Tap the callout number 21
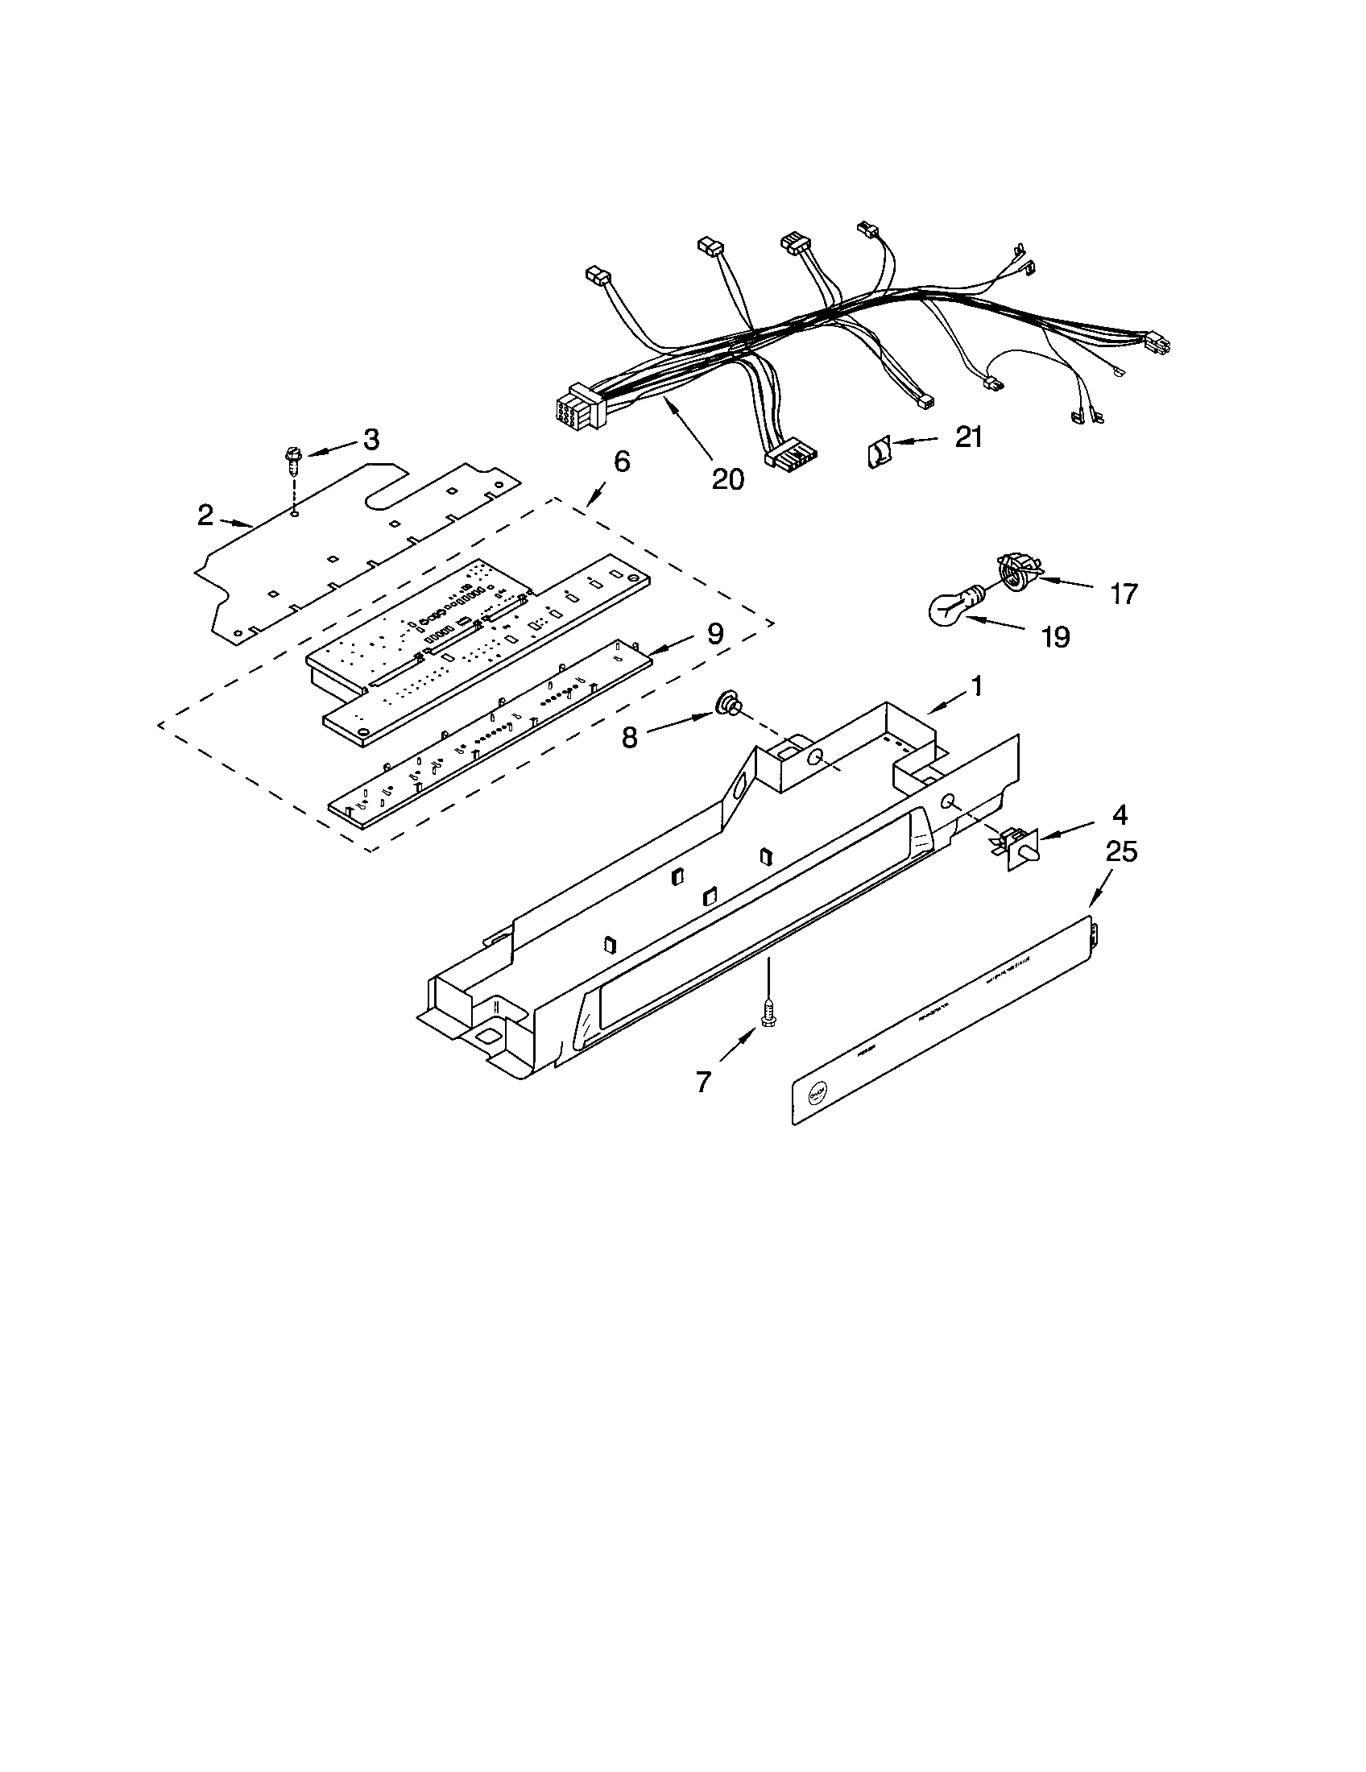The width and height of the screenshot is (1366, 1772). click(969, 437)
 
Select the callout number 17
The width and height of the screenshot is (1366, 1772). click(1124, 594)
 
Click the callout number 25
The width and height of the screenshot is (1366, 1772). click(1121, 852)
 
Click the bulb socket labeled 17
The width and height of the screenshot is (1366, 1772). click(1011, 568)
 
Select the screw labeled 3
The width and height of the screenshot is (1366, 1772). click(292, 462)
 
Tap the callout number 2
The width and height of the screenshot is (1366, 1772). click(206, 515)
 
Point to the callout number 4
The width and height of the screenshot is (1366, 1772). click(1119, 813)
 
